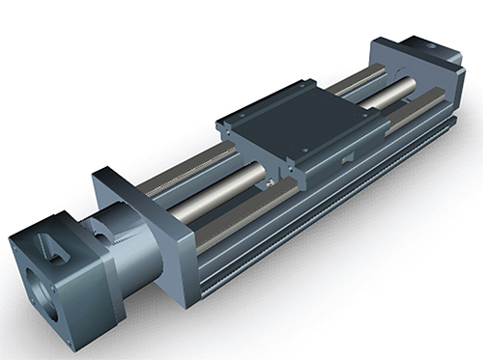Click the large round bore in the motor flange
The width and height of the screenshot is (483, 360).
click(43, 291)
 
